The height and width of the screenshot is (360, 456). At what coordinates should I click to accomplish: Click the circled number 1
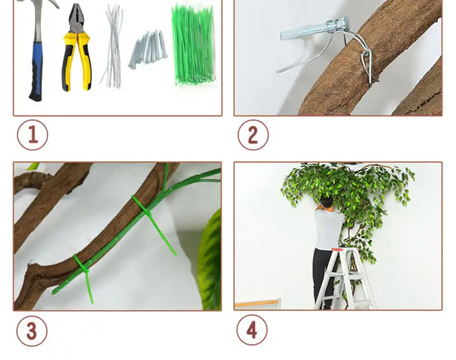pos(32,135)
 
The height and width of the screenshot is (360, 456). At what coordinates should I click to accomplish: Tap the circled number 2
pos(253,135)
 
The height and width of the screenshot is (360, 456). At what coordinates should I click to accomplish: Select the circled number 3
pos(32,331)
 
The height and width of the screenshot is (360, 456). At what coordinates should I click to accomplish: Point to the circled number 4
pos(252,330)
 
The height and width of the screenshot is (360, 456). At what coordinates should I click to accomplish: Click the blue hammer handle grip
pos(36,71)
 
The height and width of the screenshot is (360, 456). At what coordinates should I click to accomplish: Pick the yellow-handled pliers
pos(76,47)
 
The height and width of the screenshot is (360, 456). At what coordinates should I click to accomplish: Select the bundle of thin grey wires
pos(112,46)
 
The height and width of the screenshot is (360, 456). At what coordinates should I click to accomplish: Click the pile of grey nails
pos(148,50)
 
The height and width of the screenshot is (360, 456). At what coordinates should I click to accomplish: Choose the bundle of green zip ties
pos(193,45)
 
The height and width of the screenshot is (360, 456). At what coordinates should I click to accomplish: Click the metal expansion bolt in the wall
pos(315,29)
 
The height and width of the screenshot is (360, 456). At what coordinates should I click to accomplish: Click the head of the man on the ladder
pos(327,203)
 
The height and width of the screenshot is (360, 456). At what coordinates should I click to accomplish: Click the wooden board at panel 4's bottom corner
pos(258,304)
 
